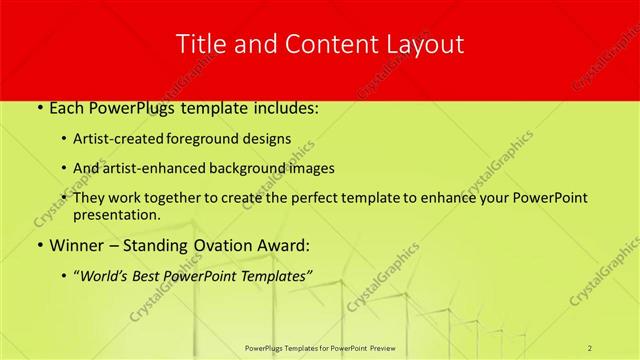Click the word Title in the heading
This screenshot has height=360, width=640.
coord(199,44)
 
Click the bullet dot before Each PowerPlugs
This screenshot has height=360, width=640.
coord(39,107)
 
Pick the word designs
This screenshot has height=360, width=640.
coord(269,138)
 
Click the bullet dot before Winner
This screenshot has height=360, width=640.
coord(39,245)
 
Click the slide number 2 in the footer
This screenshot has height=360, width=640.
coord(590,347)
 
